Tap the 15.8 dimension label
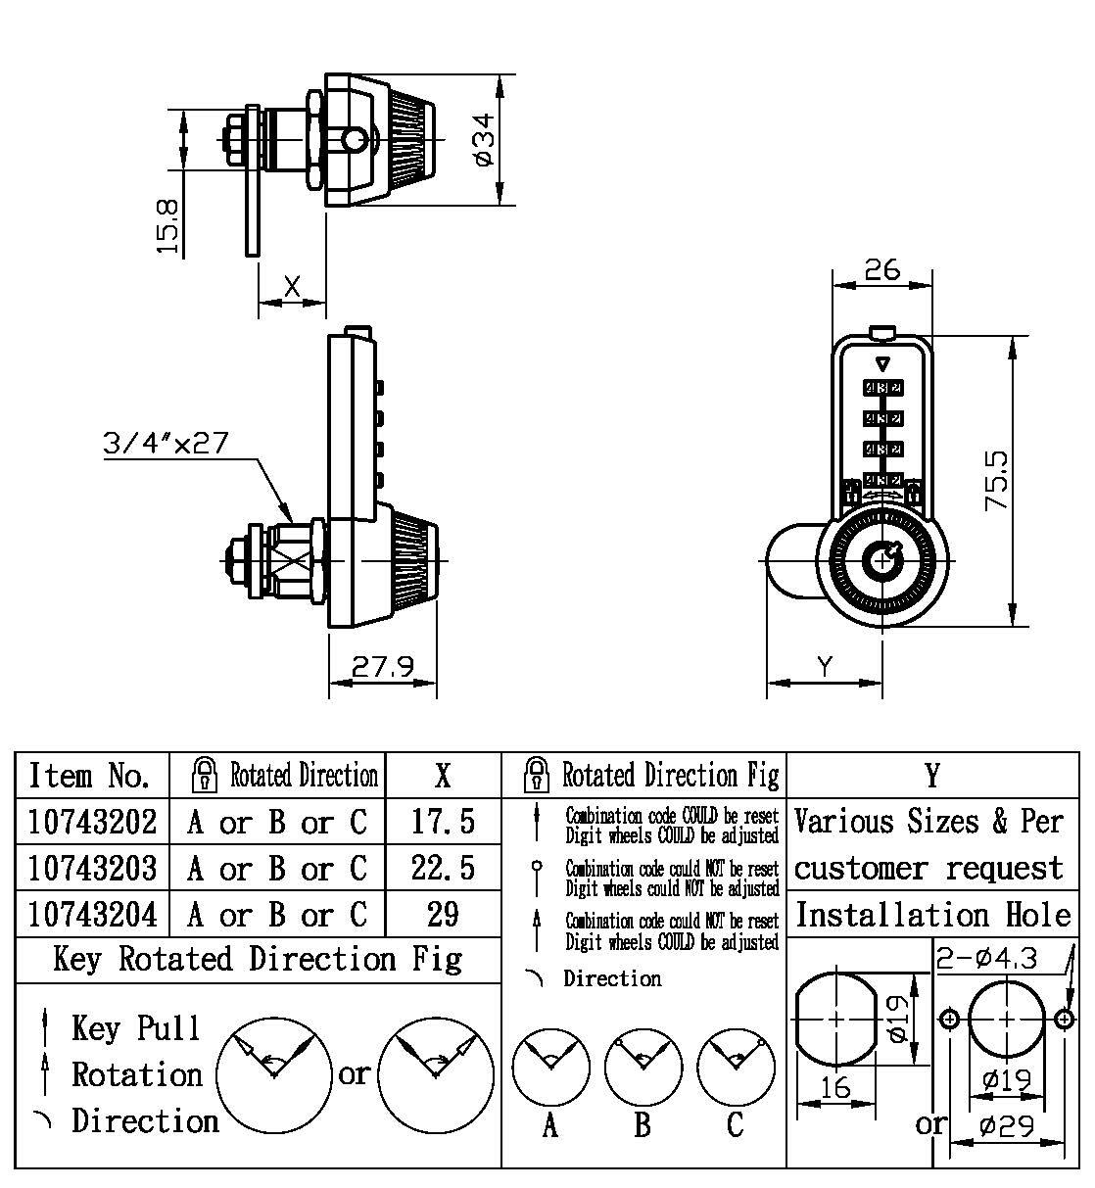[169, 226]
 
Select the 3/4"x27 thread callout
[166, 444]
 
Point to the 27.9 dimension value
[382, 667]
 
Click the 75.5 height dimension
[997, 479]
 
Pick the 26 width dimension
[881, 269]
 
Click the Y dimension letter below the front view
[825, 667]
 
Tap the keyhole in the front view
[883, 560]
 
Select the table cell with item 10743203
[93, 868]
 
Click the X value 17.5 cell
[443, 821]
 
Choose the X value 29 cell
[443, 915]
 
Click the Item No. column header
[90, 776]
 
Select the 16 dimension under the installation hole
[835, 1087]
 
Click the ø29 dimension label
[1008, 1126]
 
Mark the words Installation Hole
[932, 915]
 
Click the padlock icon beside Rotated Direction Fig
[537, 776]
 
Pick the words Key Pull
[135, 1028]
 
